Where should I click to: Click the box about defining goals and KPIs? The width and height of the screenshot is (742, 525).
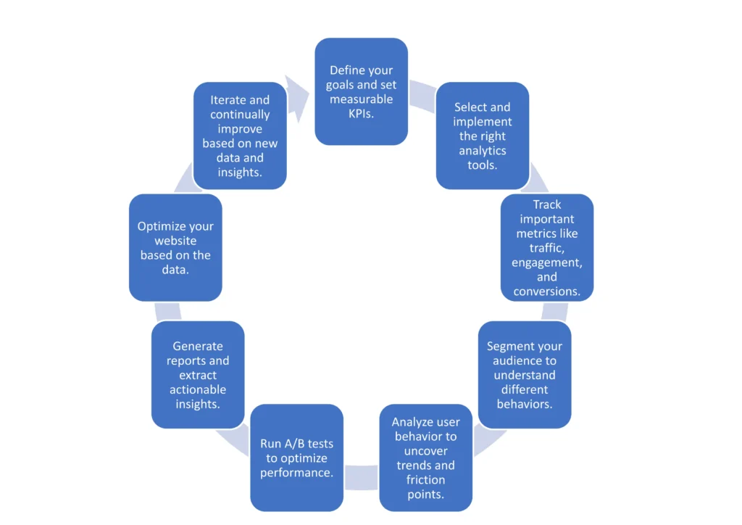(361, 91)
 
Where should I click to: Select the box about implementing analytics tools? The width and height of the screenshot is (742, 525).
(482, 136)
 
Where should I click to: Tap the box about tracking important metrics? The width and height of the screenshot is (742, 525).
(547, 247)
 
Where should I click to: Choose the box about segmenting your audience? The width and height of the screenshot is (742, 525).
(525, 375)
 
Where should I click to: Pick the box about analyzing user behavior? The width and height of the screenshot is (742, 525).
(425, 458)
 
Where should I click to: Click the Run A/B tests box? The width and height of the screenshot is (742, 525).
(296, 458)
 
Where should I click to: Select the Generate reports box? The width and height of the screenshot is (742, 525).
(197, 375)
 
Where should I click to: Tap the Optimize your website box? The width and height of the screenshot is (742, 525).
(175, 247)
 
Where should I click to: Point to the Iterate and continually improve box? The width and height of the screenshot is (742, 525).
(240, 136)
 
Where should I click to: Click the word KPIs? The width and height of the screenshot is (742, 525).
(361, 114)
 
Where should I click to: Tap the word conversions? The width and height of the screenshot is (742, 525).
(547, 292)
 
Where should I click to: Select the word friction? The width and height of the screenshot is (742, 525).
(425, 480)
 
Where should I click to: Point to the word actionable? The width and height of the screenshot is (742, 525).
(197, 389)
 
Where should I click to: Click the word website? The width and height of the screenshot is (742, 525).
(175, 241)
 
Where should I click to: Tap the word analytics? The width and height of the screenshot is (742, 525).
(482, 151)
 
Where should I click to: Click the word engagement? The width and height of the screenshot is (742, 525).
(547, 262)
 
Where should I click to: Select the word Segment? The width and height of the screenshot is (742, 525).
(509, 347)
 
